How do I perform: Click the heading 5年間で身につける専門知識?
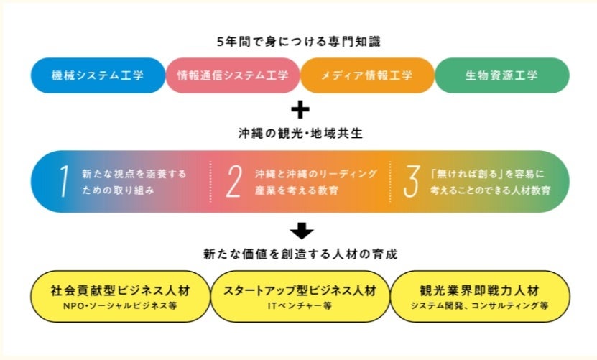click(x=298, y=42)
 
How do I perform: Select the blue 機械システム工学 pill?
click(x=98, y=75)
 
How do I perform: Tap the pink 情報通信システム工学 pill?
click(x=233, y=75)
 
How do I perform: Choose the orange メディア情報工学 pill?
click(x=367, y=75)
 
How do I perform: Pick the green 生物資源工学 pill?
click(x=501, y=75)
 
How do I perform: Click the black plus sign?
click(x=299, y=110)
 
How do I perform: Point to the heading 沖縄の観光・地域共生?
click(x=298, y=134)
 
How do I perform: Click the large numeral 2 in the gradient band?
click(x=233, y=182)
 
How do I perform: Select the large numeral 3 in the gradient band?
click(x=410, y=182)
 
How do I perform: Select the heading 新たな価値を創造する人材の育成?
click(x=298, y=254)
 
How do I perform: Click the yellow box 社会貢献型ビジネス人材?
click(x=119, y=296)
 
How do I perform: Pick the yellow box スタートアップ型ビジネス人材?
click(x=299, y=296)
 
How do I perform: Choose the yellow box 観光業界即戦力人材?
click(x=479, y=296)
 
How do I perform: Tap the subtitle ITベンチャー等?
click(x=299, y=305)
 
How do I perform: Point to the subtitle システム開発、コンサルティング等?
click(x=479, y=305)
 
